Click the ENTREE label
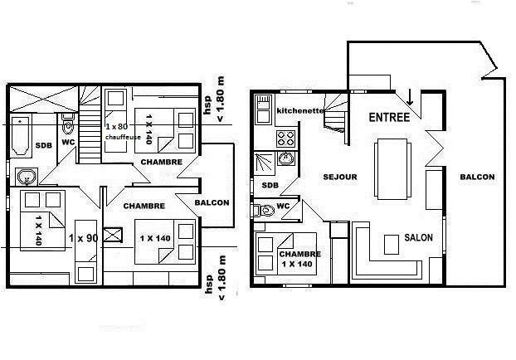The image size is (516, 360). pos(389,118)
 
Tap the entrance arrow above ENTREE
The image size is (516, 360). pos(409,97)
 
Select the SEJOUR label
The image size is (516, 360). pos(340,177)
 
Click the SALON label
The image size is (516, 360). pos(418,237)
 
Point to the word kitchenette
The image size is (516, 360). pos(300,110)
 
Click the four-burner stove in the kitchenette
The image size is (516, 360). pos(285,139)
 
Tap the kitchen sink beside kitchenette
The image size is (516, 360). pos(263,109)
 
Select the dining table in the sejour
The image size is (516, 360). pos(392,169)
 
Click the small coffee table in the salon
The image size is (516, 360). pos(392,245)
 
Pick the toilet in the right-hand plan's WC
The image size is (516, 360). pos(264,210)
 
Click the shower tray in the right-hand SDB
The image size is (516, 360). pos(265,163)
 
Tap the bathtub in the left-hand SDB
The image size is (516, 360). pos(20,136)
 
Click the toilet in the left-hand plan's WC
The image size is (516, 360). pos(68,124)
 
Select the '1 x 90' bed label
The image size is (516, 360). pos(83,237)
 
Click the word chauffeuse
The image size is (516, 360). pos(123,137)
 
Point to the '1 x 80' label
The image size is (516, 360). pos(116,126)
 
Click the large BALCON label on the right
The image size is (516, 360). pos(477,177)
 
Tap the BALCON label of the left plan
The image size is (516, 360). pos(212,202)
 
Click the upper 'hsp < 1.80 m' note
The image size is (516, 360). pos(215,99)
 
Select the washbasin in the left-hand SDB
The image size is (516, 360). pos(27,177)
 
